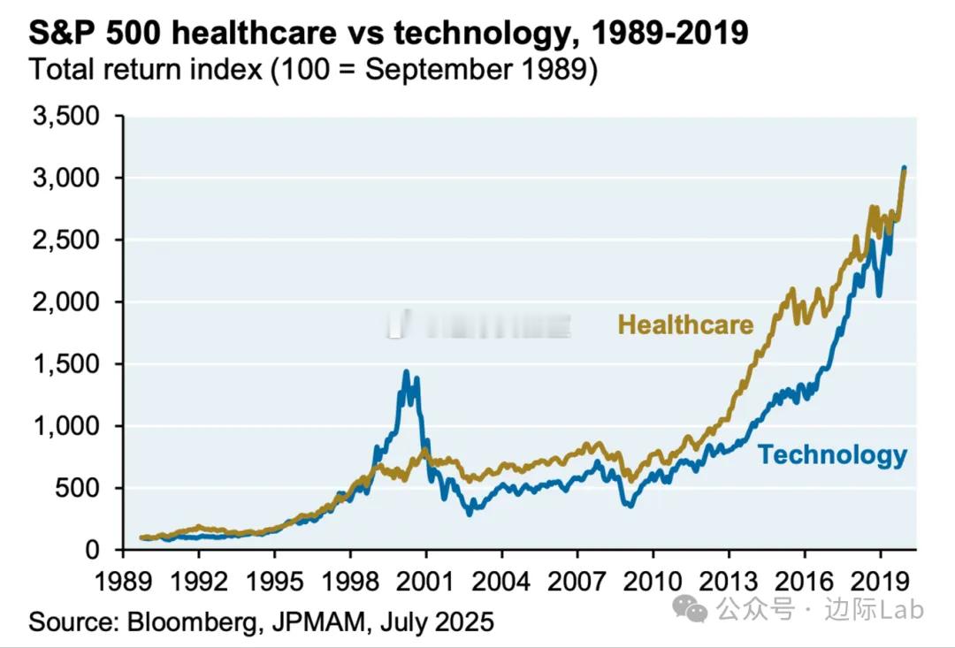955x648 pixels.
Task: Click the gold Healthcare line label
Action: (685, 324)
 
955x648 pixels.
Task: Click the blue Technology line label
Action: (832, 455)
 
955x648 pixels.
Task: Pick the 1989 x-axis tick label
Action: (123, 583)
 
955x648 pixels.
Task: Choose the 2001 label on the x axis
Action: (425, 583)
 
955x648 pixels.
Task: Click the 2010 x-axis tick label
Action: (652, 583)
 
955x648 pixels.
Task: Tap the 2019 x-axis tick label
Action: (879, 583)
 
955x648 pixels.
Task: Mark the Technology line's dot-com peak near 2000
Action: (407, 372)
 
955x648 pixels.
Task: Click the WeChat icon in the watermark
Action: (690, 608)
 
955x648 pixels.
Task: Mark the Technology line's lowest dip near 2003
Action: (469, 513)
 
